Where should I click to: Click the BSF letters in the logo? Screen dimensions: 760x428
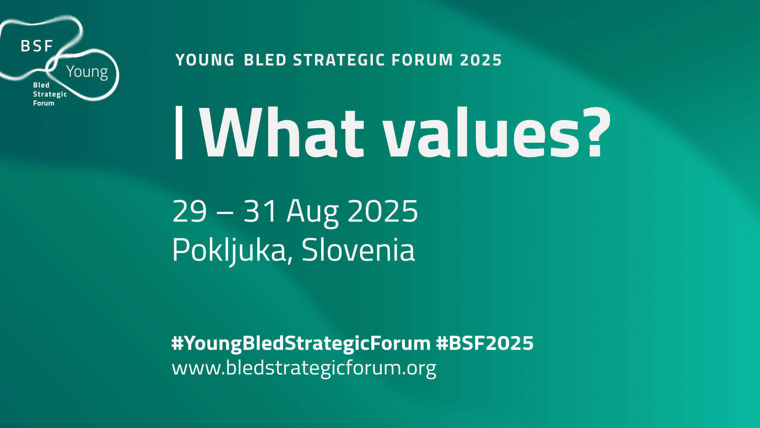[37, 46]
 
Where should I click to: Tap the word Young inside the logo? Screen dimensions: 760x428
[87, 72]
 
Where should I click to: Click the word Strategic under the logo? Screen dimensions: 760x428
[50, 94]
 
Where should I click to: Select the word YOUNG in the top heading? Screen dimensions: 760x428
[205, 60]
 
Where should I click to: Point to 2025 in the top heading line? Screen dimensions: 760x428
[481, 60]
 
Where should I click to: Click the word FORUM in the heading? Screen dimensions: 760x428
[422, 60]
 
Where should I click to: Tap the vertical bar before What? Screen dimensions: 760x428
[179, 132]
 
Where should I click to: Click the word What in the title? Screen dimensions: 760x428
[282, 132]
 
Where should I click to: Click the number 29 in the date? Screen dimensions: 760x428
[190, 211]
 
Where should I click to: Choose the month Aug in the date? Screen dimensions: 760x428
[313, 213]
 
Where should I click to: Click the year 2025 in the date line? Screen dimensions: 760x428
[383, 211]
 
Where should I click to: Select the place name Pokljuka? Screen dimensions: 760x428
[232, 250]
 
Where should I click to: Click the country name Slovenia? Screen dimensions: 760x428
[358, 250]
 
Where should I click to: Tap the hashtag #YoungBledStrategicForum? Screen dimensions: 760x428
[301, 344]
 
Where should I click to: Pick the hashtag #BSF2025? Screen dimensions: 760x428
[485, 343]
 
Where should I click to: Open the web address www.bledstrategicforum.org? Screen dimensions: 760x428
[304, 368]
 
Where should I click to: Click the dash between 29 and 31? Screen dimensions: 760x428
[225, 213]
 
